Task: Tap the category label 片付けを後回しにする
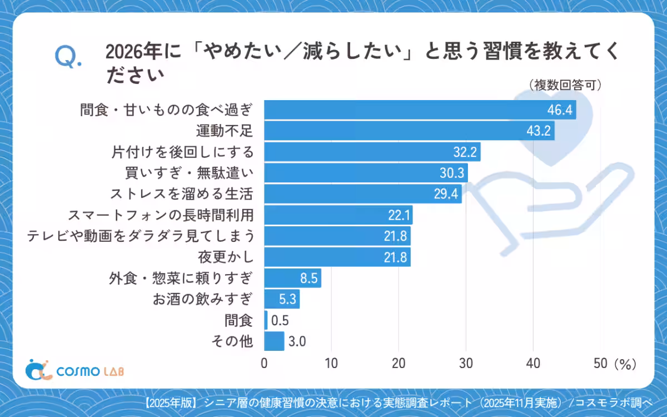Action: [182, 152]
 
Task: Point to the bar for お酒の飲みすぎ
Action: [281, 300]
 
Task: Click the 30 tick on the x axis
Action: [466, 364]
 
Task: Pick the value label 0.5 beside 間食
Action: [280, 321]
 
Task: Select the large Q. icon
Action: [67, 58]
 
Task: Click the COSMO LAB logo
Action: [76, 371]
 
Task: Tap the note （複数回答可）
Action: [564, 85]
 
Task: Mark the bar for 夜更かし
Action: [337, 257]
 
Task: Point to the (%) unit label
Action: [625, 364]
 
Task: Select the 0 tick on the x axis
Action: [264, 364]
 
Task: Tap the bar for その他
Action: [274, 341]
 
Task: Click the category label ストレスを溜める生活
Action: [182, 195]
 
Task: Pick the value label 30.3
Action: [451, 173]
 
